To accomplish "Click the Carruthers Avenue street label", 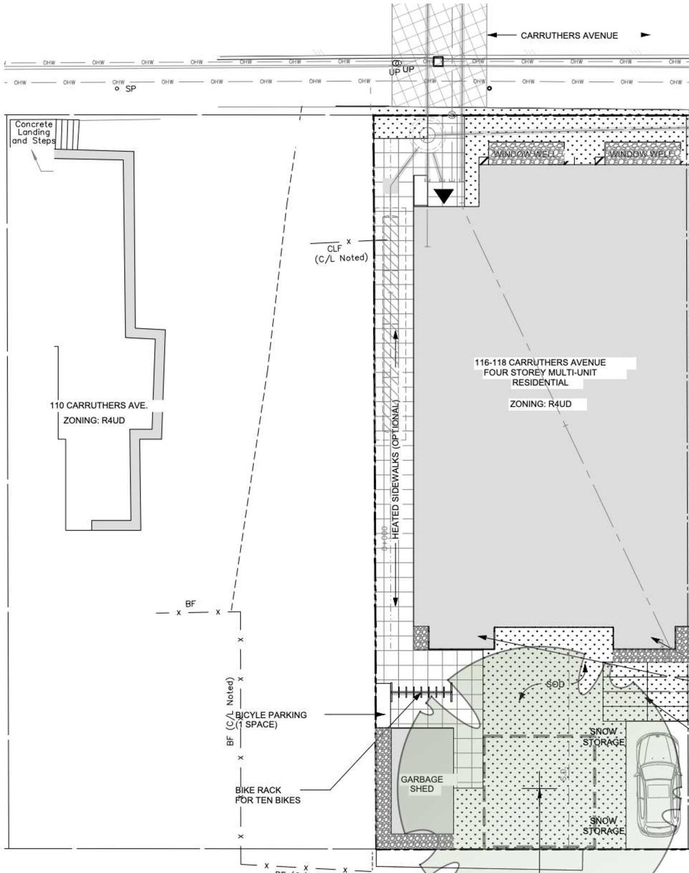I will (568, 36).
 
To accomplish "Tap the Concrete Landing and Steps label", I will (33, 132).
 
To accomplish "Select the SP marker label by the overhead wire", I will (130, 89).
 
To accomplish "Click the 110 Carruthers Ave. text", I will (99, 406).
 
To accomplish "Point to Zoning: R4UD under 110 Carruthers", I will (94, 421).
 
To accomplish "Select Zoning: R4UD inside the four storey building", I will (540, 404).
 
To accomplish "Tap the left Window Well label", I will (525, 155).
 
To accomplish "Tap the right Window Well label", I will (641, 155).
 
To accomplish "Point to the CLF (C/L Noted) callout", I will (341, 253).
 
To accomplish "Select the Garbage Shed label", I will (421, 784).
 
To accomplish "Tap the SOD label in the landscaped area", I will (555, 684).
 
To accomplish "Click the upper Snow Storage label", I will (603, 737).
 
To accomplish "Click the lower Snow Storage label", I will (603, 826).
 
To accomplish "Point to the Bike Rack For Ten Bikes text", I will (268, 795).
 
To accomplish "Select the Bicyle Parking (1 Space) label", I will (271, 720).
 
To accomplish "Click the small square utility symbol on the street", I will (438, 61).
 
